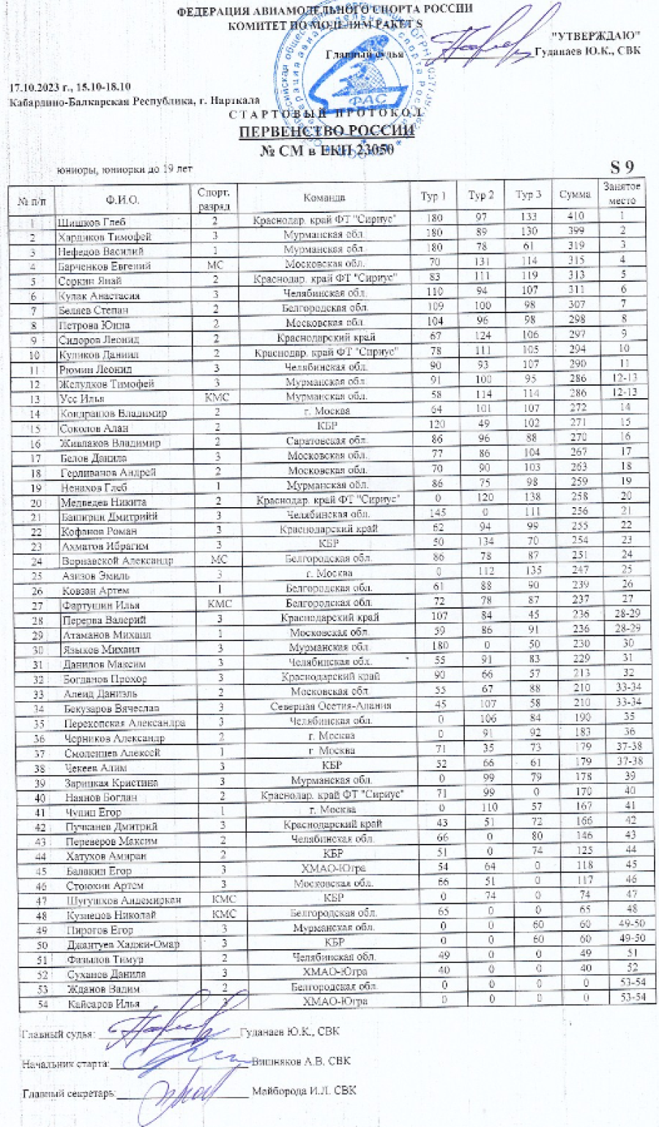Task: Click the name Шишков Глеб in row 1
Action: [x=92, y=222]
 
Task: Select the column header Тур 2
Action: [x=480, y=195]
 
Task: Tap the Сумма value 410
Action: [x=575, y=216]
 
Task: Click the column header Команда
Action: [x=324, y=198]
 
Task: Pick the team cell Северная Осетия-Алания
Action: [x=330, y=705]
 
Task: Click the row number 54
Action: [x=41, y=1004]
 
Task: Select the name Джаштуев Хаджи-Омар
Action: [x=112, y=944]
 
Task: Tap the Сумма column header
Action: [x=575, y=195]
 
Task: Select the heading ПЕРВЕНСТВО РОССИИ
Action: [x=327, y=131]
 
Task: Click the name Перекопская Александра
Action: [x=124, y=722]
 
